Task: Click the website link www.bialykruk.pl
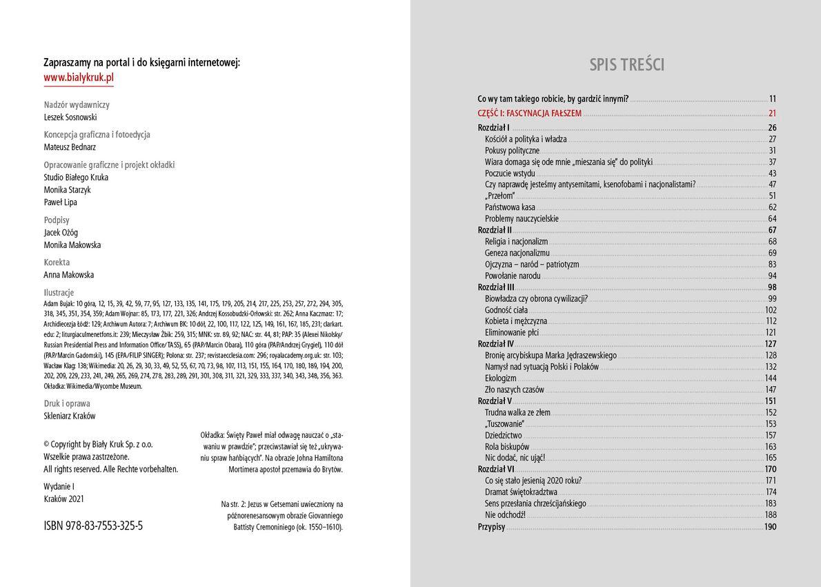coord(79,77)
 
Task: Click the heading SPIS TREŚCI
coord(626,65)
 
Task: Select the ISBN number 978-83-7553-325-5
coord(93,526)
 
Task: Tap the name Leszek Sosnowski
coord(70,117)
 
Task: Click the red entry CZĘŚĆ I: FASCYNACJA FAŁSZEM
coord(529,113)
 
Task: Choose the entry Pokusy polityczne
coord(512,151)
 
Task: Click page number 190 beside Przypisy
coord(770,527)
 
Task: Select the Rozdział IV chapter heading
coord(495,344)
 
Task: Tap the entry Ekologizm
coord(500,378)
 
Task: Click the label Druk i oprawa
coord(67,403)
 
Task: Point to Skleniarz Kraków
coord(69,416)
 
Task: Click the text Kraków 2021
coord(63,499)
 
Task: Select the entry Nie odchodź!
coord(505,515)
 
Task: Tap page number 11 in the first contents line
coord(773,99)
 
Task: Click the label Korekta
coord(57,262)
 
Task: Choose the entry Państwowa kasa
coord(510,207)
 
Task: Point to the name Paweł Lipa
coord(60,202)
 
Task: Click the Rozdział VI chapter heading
coord(495,470)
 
